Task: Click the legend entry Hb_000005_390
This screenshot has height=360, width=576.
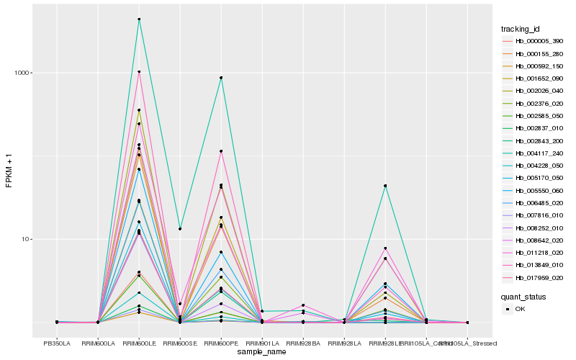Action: coord(534,41)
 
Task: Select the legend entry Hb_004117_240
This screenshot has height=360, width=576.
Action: coord(534,153)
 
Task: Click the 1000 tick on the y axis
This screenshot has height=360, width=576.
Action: coord(22,73)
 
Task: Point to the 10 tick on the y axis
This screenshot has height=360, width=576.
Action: coord(26,239)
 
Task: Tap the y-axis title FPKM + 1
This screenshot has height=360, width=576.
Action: coord(9,170)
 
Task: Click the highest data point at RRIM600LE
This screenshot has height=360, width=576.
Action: coord(139,19)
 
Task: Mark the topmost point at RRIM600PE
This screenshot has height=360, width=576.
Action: coord(221,78)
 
